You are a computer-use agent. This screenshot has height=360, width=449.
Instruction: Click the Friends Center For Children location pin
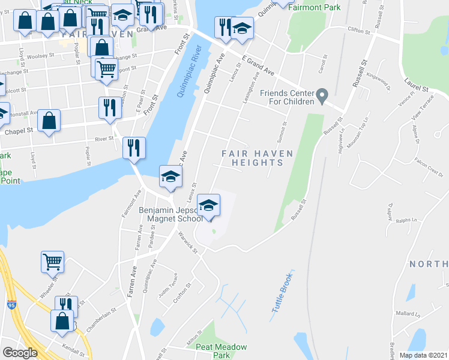point(322,95)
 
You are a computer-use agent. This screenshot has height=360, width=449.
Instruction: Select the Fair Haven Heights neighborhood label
point(257,159)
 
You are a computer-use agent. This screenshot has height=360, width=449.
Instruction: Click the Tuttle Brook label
point(281,292)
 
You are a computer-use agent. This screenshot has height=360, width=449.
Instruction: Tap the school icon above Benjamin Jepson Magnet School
point(208,206)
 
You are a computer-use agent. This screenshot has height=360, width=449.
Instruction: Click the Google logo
point(20,353)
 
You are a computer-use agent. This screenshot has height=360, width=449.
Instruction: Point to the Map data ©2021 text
point(423,355)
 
